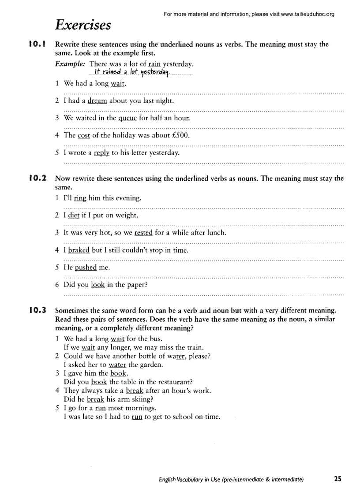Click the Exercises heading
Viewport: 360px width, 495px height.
click(x=83, y=25)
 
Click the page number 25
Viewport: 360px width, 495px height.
click(x=338, y=479)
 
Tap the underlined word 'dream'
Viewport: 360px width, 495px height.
click(x=97, y=101)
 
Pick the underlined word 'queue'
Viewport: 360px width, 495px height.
click(x=127, y=118)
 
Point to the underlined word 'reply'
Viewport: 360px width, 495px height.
click(x=101, y=153)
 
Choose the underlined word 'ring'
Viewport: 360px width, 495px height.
click(x=80, y=198)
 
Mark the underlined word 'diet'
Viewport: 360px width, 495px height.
click(x=74, y=216)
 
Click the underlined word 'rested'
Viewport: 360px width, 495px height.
click(x=143, y=233)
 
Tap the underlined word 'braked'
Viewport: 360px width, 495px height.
click(x=79, y=250)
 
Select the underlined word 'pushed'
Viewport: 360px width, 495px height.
click(x=86, y=268)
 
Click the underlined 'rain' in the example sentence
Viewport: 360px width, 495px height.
click(x=154, y=64)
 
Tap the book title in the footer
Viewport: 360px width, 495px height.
click(x=231, y=479)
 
